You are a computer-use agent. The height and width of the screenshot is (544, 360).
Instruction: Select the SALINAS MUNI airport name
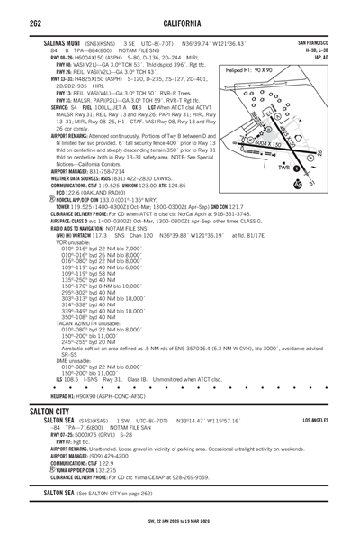tap(66, 42)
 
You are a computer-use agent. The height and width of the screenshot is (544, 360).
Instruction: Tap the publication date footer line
tap(179, 521)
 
